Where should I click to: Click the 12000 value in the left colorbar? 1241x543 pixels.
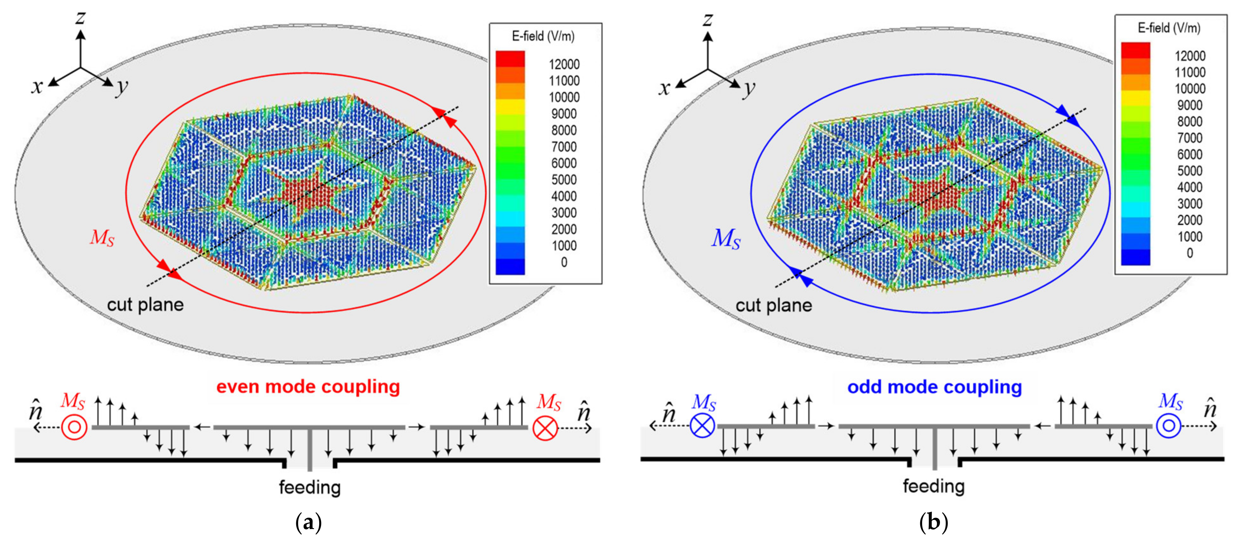pos(564,65)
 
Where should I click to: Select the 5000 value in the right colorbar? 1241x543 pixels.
pos(1189,171)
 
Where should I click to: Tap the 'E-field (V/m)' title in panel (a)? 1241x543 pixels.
pos(543,36)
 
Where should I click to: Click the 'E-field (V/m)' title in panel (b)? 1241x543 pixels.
pos(1169,28)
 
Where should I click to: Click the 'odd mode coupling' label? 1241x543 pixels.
pos(934,387)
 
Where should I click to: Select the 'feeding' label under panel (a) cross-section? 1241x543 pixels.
pos(310,487)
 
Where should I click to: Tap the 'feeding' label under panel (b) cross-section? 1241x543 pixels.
pos(934,486)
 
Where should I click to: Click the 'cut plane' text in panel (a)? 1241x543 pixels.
pos(145,305)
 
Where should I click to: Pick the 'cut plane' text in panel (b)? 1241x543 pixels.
pos(773,305)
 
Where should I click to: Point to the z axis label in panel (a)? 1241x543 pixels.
pos(81,18)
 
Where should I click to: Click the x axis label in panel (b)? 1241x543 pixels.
pos(664,88)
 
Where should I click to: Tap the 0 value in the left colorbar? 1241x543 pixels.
pos(564,262)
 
